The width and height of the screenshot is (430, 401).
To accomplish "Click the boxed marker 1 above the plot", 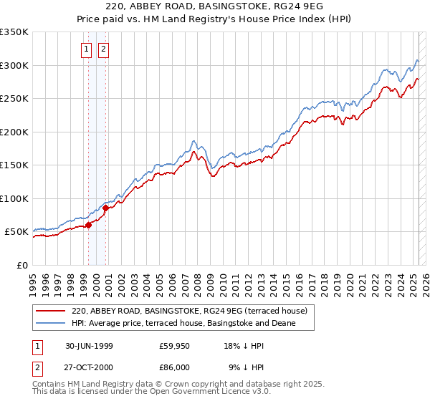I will [x=86, y=49].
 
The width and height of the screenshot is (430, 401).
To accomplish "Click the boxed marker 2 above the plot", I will [x=103, y=49].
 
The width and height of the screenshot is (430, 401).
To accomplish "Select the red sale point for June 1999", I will [x=89, y=225].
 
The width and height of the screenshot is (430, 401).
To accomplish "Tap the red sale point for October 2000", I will [x=105, y=208].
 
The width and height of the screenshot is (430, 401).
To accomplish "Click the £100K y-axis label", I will [x=14, y=198].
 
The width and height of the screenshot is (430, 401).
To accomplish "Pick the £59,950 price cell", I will [x=174, y=345].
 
